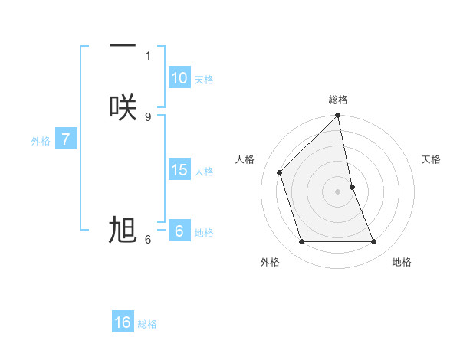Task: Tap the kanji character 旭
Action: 123,230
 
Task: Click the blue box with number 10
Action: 179,78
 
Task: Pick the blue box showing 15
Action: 179,170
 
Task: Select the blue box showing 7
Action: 66,139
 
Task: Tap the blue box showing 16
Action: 123,322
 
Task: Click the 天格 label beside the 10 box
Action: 204,80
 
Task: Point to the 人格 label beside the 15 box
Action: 205,172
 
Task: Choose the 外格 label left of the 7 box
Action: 41,141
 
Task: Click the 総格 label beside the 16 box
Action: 147,324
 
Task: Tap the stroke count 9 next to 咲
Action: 148,116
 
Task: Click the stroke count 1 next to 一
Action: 148,55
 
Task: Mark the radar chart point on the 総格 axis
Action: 338,116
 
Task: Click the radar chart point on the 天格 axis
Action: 352,187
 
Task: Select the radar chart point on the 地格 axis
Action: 374,242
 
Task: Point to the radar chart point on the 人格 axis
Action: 280,172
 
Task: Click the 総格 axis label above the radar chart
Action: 338,100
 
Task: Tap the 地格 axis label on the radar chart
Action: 402,262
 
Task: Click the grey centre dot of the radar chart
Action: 338,191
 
